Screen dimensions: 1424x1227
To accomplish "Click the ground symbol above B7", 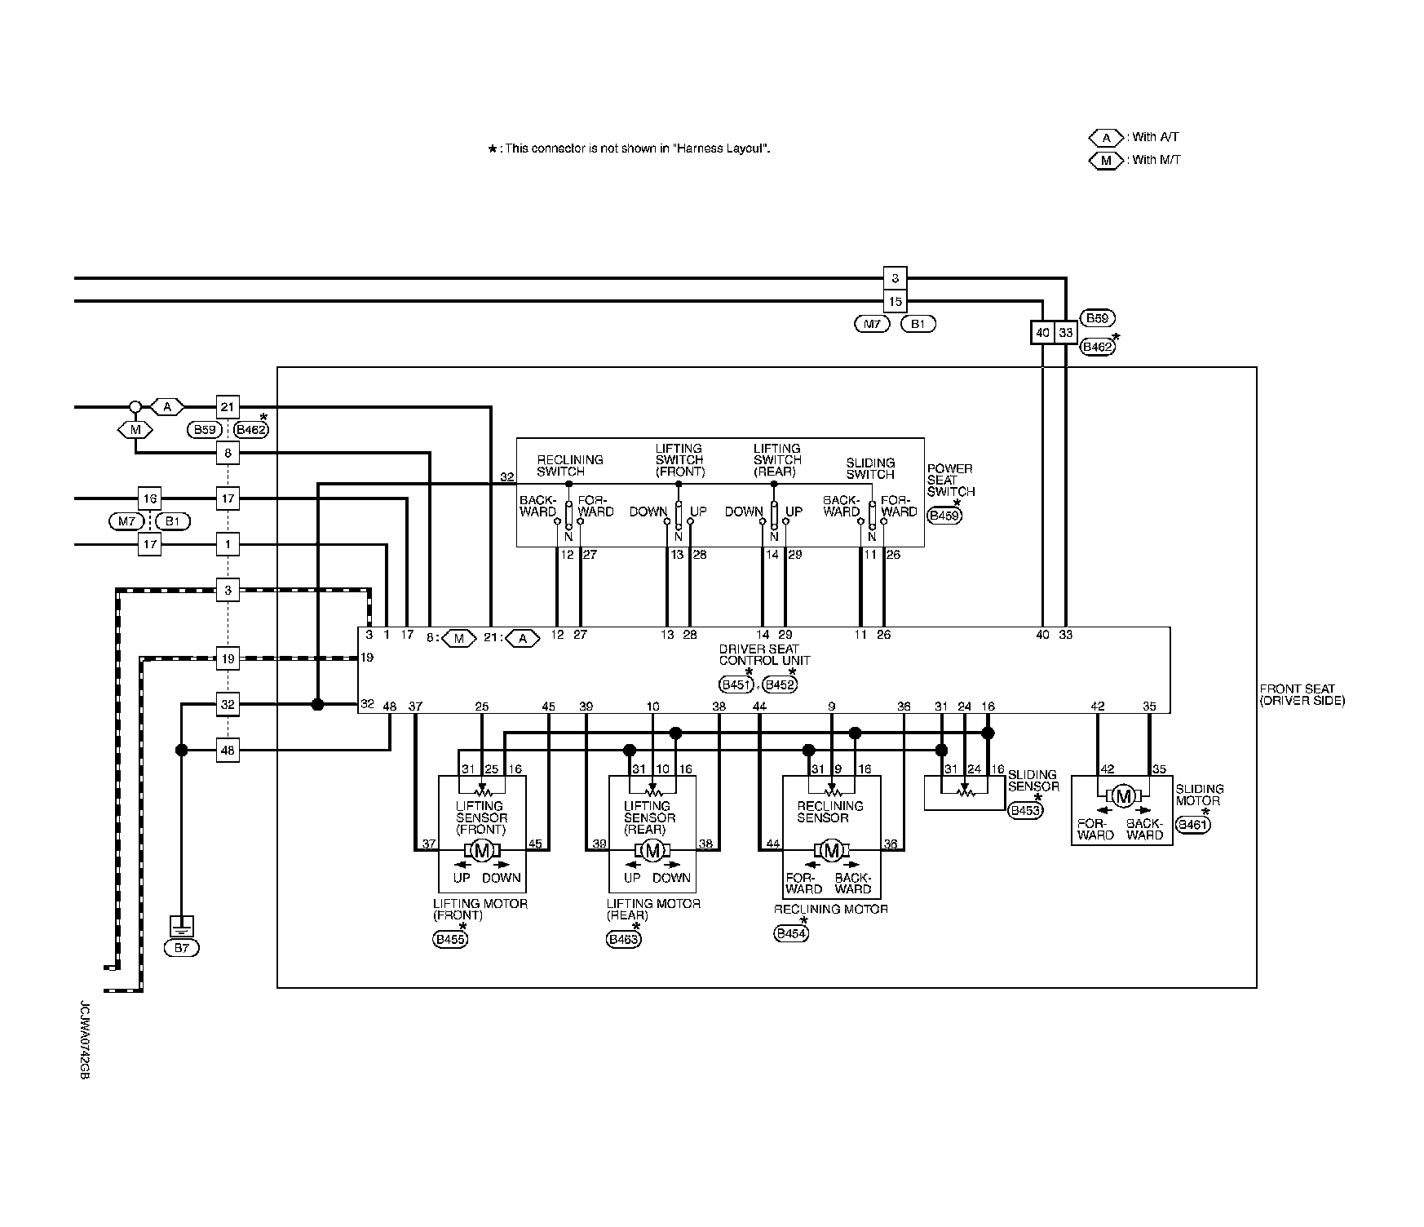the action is click(181, 927).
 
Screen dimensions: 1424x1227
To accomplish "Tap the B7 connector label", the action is click(181, 948).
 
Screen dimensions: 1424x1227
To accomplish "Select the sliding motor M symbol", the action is click(1124, 796).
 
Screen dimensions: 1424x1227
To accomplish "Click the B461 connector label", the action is click(1193, 824).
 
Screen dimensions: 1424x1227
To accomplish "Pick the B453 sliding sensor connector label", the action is click(1025, 810).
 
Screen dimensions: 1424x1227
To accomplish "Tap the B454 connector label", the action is click(791, 934).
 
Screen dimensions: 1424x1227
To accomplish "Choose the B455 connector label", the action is click(450, 940).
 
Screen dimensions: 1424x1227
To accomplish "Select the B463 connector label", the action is click(624, 940).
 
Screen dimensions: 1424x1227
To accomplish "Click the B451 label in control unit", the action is click(736, 684).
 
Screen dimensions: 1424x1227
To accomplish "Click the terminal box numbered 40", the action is click(1042, 333).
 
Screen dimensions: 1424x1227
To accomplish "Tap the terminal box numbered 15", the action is click(896, 302).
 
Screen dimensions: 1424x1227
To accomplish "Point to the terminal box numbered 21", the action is click(228, 406).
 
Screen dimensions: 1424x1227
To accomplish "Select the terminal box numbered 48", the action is click(228, 750).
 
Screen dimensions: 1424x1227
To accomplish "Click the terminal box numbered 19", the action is click(228, 658).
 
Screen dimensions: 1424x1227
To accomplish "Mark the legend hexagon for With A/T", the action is click(1107, 138).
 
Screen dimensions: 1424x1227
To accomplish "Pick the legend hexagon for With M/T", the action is click(1107, 161).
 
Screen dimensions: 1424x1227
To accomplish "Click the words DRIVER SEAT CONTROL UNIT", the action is click(764, 655).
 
